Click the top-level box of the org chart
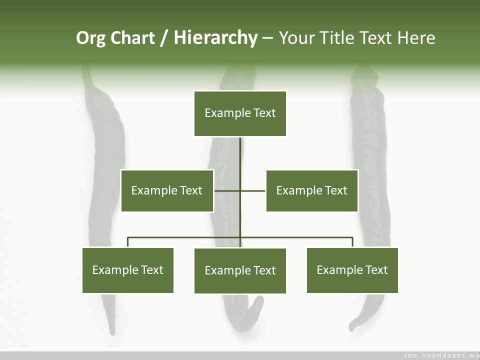(x=240, y=113)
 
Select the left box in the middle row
(x=167, y=190)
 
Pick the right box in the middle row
(x=312, y=190)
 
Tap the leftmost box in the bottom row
(x=128, y=270)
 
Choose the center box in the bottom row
(x=240, y=270)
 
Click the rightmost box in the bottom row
(x=352, y=270)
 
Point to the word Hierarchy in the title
(x=215, y=38)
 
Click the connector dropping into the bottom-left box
(x=128, y=242)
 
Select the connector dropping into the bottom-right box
(x=352, y=242)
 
